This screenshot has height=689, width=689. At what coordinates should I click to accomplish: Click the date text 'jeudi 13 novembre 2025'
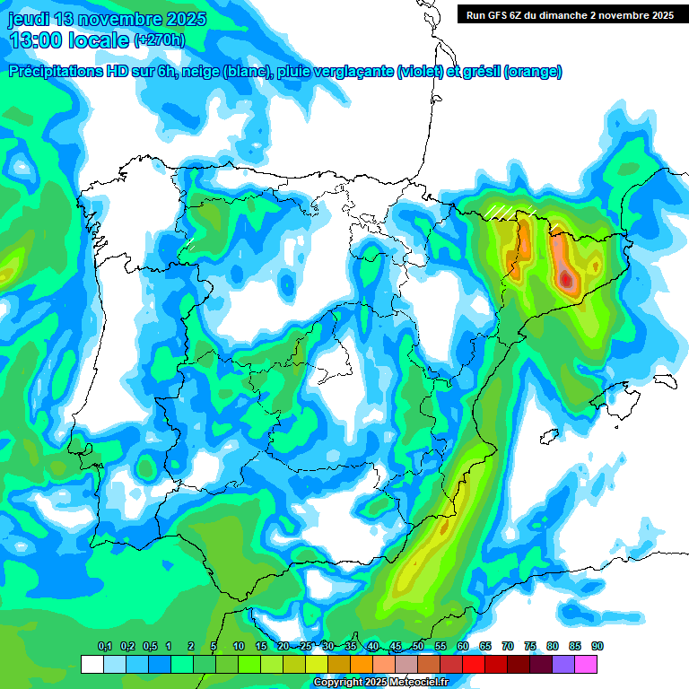[107, 19]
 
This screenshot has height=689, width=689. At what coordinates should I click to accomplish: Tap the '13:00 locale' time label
[68, 39]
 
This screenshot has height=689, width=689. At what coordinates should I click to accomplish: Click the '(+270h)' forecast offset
[159, 39]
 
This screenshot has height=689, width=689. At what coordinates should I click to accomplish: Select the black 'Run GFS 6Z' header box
[570, 14]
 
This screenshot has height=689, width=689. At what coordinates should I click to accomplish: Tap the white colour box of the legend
[92, 665]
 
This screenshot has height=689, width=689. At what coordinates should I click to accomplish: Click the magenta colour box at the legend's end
[586, 665]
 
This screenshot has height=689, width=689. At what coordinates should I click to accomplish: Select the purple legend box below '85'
[563, 665]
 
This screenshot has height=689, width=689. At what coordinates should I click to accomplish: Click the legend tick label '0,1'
[104, 647]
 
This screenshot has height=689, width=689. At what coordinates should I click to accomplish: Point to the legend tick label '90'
[597, 647]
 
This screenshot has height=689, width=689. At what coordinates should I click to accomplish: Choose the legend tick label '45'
[396, 647]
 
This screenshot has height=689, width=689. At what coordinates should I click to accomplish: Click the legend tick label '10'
[238, 647]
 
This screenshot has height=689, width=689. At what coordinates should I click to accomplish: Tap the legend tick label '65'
[485, 647]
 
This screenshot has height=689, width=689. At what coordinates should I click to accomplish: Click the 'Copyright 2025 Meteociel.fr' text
[380, 682]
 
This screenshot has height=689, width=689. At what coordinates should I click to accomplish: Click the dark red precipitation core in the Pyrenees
[566, 281]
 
